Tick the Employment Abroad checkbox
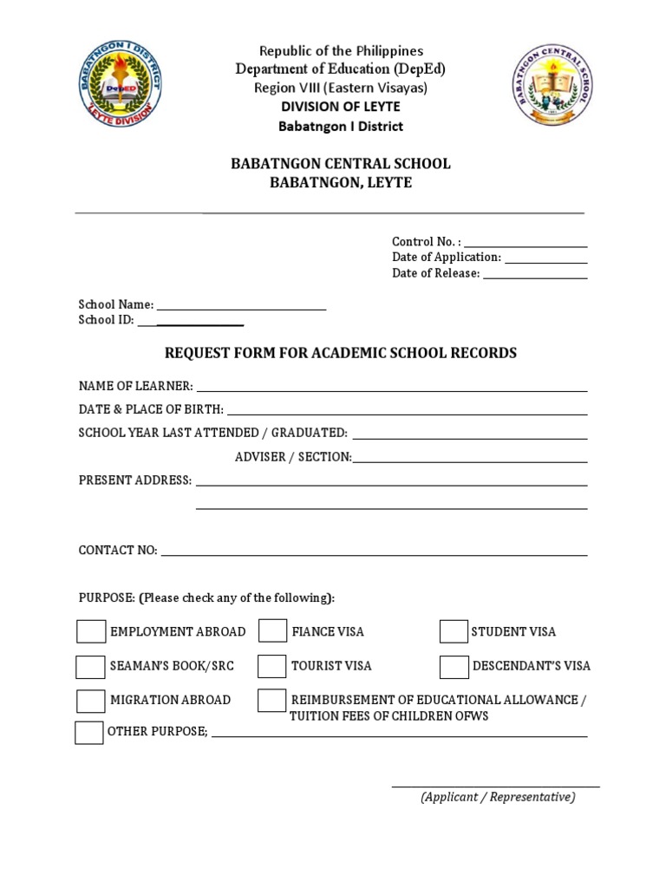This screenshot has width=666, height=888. click(x=91, y=631)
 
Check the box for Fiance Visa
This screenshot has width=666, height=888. click(x=272, y=631)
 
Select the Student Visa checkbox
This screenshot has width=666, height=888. click(x=454, y=631)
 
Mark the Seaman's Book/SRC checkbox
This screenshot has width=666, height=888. click(x=90, y=666)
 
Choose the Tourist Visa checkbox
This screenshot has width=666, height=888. click(x=272, y=666)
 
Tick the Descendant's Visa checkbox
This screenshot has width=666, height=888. click(x=454, y=666)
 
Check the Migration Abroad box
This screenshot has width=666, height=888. click(x=91, y=700)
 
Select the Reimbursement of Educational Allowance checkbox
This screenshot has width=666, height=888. click(x=272, y=700)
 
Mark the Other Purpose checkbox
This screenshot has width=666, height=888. click(x=88, y=732)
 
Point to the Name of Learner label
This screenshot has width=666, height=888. click(x=135, y=386)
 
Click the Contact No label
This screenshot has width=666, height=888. click(x=118, y=551)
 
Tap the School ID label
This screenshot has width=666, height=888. click(x=106, y=320)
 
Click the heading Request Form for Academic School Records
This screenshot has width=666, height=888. click(x=341, y=353)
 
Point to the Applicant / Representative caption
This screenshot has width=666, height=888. click(x=498, y=797)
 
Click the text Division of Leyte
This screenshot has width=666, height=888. click(x=340, y=107)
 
